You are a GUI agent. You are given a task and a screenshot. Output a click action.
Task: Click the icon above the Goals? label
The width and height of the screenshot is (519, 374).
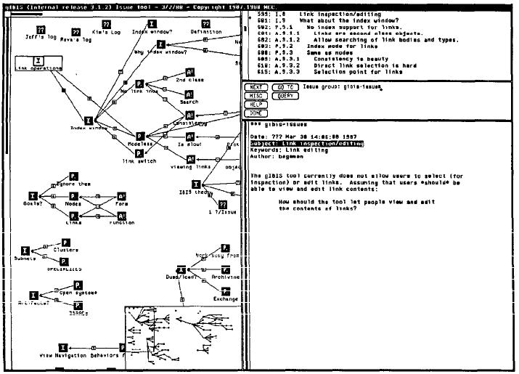pos(33,196)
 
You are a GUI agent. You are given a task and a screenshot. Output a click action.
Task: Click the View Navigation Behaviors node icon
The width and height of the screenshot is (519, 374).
pos(62,348)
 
